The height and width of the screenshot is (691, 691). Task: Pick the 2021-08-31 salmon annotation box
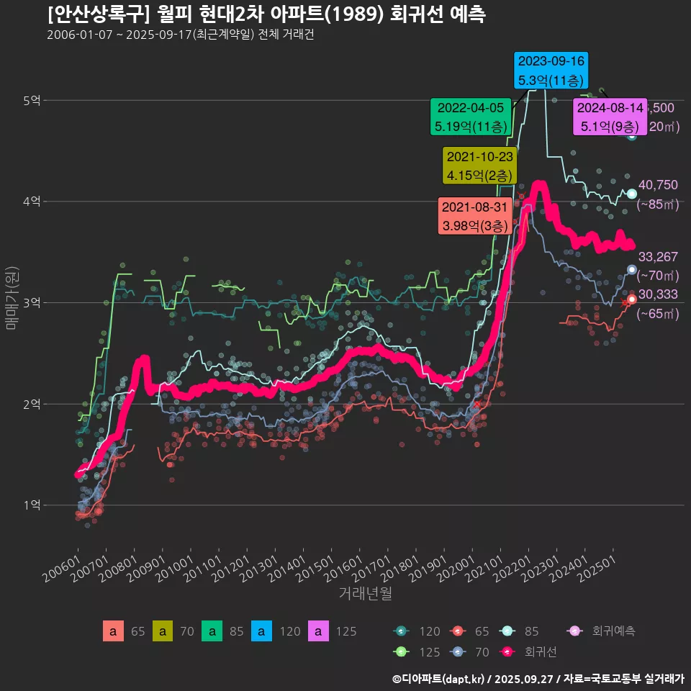click(x=475, y=216)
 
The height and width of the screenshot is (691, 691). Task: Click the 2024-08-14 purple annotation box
click(x=610, y=117)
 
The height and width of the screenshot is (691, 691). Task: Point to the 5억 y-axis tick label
click(x=31, y=101)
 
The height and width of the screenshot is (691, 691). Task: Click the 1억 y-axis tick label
click(x=31, y=505)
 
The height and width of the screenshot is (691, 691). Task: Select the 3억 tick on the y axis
click(x=31, y=303)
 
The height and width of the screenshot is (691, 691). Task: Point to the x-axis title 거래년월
click(x=365, y=594)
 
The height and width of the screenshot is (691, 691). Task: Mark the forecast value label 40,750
click(x=658, y=185)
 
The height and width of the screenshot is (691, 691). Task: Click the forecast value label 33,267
click(x=658, y=257)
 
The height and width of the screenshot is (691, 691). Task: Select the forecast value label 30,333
click(x=658, y=294)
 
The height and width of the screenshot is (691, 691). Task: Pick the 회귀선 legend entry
click(x=540, y=652)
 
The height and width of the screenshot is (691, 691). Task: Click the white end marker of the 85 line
click(x=631, y=194)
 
